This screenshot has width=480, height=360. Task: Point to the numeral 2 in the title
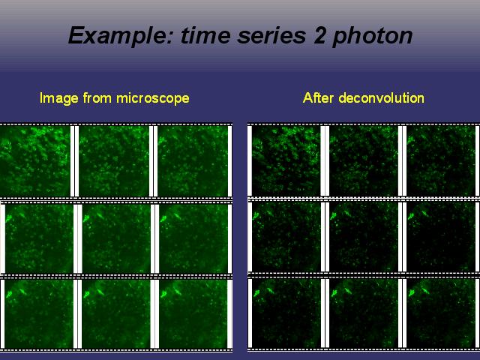tap(319, 35)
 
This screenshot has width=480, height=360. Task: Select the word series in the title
tap(271, 35)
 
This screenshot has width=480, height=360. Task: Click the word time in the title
tap(205, 35)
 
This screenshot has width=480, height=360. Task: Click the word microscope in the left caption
tap(153, 98)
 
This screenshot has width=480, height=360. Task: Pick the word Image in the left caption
tap(59, 98)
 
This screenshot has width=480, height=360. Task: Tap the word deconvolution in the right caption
tap(382, 98)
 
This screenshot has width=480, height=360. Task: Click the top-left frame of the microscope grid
tap(35, 161)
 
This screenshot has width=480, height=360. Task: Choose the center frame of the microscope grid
tap(116, 238)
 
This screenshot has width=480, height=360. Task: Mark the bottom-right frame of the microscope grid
tap(193, 313)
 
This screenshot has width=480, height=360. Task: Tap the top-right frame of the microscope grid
tap(193, 161)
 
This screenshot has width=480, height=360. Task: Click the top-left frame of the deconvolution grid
tap(286, 160)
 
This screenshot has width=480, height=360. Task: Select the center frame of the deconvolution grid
tap(364, 237)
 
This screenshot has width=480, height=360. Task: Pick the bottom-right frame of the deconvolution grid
tap(441, 313)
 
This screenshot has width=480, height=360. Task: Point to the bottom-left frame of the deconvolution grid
tap(286, 313)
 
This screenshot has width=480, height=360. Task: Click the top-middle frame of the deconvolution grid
tap(364, 160)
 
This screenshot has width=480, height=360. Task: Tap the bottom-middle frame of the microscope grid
tap(116, 313)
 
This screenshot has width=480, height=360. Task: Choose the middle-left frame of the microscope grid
tap(39, 238)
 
